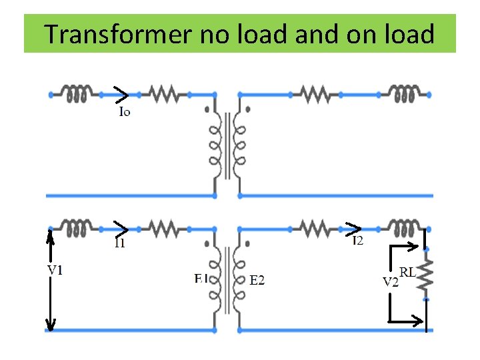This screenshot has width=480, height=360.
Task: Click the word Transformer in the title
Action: click(117, 33)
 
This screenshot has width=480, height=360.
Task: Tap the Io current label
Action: click(124, 111)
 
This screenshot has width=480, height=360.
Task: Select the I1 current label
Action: click(120, 243)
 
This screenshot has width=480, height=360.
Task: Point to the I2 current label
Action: click(358, 240)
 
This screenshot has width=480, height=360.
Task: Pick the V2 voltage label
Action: click(391, 281)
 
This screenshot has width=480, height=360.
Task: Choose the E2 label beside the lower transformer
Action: click(257, 281)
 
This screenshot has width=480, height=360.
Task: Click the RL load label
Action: click(408, 272)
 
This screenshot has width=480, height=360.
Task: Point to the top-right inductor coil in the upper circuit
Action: click(404, 94)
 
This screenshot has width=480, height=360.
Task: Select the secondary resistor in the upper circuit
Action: click(316, 94)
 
